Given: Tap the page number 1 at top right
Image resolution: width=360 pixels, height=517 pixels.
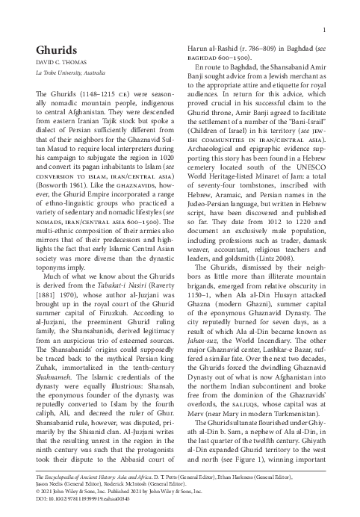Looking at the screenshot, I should (329, 30).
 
